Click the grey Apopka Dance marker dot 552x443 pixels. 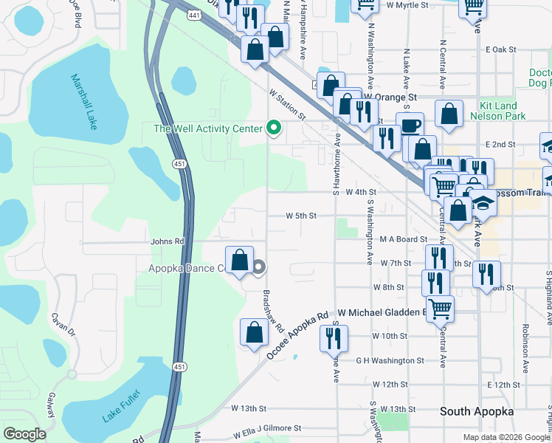point(258,268)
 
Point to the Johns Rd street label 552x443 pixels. point(167,241)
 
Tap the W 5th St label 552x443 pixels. point(302,216)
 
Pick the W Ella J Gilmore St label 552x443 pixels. point(268,428)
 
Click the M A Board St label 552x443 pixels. point(404,239)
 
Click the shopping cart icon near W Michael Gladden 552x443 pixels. point(440,307)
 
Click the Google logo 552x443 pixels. point(24,434)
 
